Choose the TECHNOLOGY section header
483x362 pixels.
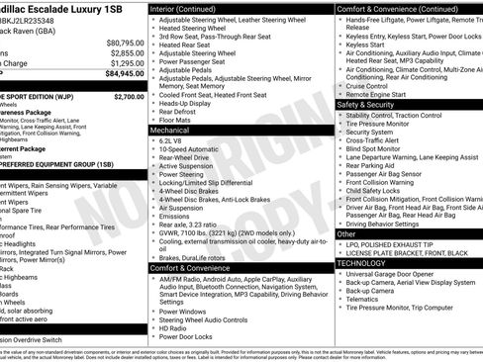[x=362, y=263]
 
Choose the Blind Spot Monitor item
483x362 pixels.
[x=381, y=148]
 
